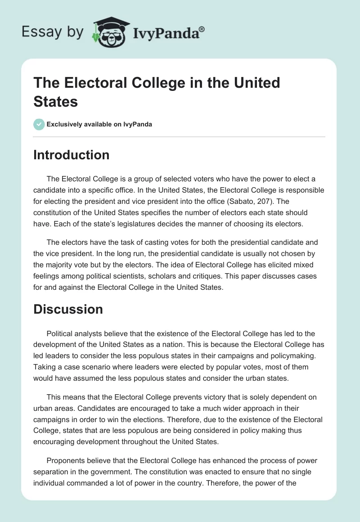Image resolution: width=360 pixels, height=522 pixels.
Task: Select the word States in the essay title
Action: point(56,101)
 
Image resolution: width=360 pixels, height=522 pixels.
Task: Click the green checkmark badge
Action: point(39,124)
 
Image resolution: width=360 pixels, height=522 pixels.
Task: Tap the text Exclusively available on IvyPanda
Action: point(99,125)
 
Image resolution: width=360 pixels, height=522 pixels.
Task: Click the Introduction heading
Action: point(72,155)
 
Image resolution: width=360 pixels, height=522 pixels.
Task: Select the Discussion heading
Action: point(68,309)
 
